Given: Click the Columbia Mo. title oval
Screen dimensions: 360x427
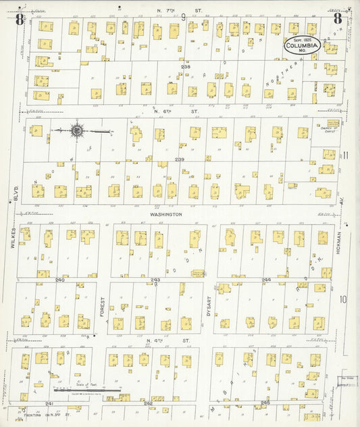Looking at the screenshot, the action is [x=303, y=45].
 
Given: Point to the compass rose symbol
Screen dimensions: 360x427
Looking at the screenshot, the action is [x=76, y=130].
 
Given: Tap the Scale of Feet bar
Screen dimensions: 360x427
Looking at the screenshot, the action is [x=87, y=390].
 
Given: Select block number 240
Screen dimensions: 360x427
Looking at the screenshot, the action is [x=60, y=280].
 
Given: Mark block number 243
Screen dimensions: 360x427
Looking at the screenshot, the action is [x=155, y=280].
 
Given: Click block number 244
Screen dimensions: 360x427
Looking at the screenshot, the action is [x=266, y=280].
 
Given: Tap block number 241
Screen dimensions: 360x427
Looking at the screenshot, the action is [x=49, y=403].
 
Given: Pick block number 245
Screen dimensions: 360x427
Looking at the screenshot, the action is [x=265, y=403].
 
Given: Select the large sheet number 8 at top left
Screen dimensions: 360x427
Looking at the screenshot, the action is [x=20, y=18].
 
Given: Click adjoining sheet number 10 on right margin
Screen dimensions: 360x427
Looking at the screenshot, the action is [x=343, y=299].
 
